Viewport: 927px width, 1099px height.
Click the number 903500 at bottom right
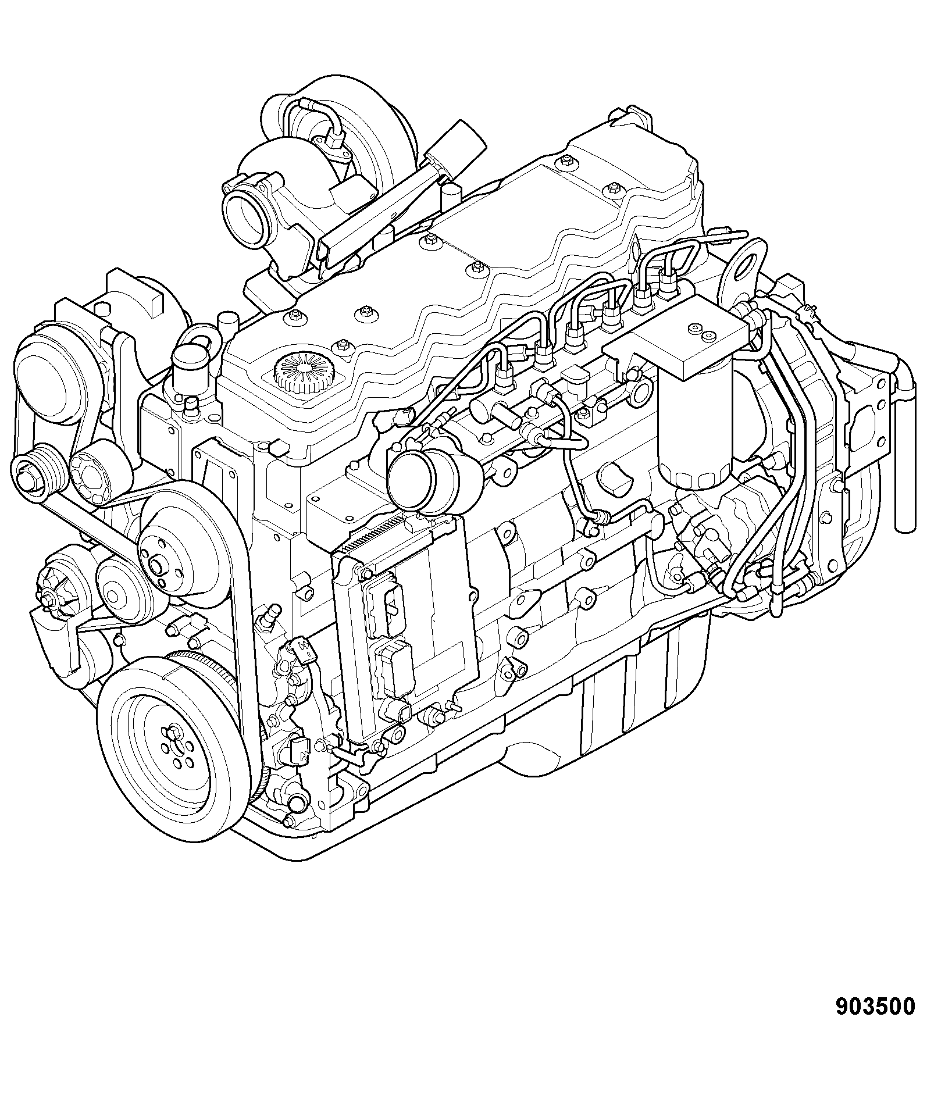(x=875, y=1007)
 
